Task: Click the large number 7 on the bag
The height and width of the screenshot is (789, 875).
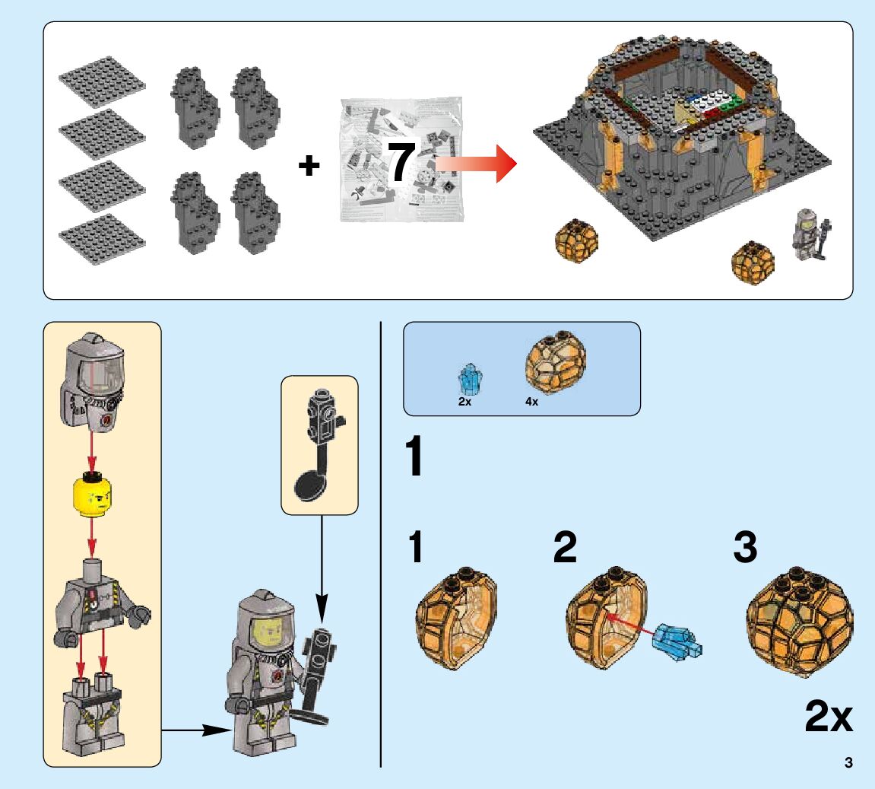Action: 401,161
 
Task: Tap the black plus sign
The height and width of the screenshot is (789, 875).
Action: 308,166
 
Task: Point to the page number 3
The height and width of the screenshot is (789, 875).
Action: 848,763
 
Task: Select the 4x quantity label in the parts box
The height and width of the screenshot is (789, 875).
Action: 531,402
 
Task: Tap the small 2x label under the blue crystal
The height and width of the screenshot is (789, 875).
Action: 464,402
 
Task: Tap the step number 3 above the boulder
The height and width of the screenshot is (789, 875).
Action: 744,549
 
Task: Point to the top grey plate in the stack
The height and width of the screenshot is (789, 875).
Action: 93,82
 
